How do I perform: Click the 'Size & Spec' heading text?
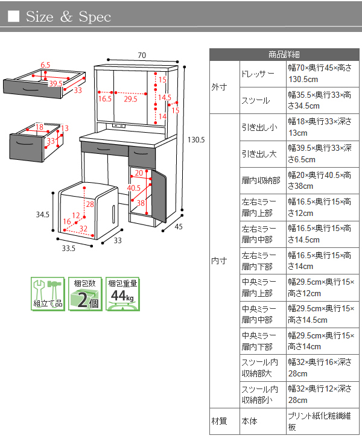68,17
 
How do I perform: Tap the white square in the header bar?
14,17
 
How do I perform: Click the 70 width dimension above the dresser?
141,55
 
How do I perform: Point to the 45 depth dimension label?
178,227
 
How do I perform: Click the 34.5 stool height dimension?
41,214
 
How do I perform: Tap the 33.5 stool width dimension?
68,247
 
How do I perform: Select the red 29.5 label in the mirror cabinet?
130,98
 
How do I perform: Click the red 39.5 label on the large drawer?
56,83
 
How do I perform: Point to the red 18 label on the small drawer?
39,127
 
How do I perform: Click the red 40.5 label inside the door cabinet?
133,188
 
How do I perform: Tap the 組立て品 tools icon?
47,294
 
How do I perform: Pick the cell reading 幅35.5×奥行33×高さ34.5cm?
320,100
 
